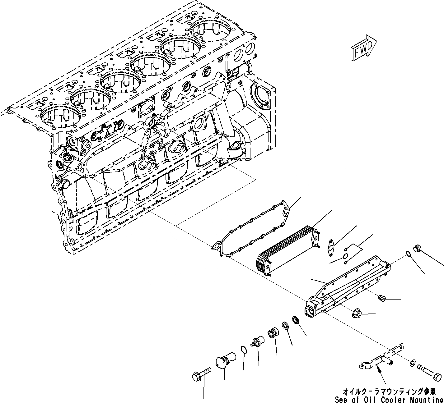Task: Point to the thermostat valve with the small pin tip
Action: (x=258, y=342)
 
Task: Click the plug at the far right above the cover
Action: (x=417, y=248)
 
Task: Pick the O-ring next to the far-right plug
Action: (x=408, y=254)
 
